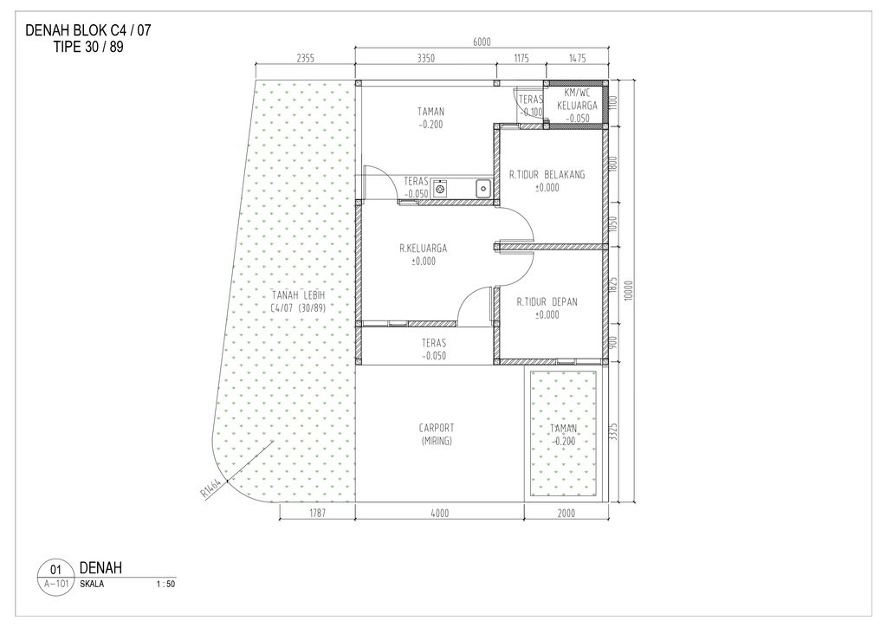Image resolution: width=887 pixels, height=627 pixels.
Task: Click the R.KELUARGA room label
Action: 423,249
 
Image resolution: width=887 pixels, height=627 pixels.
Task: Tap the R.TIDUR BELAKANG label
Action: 547,175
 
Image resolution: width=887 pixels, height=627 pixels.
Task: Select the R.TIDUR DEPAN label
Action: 547,302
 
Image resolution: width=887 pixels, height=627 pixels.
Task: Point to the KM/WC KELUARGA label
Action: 577,99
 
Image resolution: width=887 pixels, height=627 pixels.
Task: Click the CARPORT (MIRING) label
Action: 437,434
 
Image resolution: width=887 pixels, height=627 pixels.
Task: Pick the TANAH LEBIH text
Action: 298,295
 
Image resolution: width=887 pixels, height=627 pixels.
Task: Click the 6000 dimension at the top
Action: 482,42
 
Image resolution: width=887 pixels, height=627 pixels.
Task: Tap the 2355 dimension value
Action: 305,58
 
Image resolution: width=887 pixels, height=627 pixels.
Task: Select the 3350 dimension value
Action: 425,58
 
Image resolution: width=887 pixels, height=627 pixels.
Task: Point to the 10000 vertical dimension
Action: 630,291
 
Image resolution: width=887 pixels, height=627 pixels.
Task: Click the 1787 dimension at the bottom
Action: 317,513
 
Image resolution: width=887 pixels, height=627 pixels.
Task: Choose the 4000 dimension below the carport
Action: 439,513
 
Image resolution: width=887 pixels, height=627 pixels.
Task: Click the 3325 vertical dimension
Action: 614,432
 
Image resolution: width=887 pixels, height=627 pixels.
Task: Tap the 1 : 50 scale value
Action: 165,584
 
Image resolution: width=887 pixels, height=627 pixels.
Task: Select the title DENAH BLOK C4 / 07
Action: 88,30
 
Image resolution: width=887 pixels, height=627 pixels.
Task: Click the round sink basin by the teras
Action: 439,188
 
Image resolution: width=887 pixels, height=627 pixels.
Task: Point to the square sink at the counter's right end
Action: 483,188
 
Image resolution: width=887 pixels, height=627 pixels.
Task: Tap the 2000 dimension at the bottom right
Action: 566,513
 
